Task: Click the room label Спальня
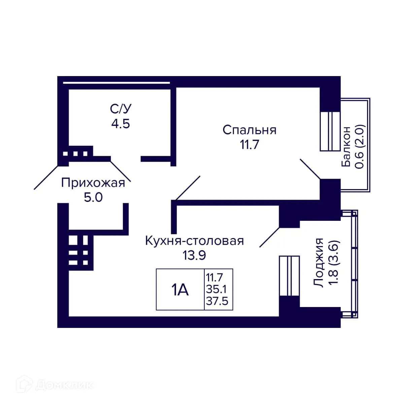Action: (249, 130)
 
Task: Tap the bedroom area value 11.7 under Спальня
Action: (249, 144)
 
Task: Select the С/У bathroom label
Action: (121, 109)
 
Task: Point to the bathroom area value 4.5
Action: (121, 124)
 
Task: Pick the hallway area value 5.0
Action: (93, 198)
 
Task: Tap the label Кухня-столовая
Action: (194, 241)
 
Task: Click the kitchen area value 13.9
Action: (194, 255)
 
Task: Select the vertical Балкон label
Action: (346, 146)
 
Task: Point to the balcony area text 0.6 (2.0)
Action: (360, 146)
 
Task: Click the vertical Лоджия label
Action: (319, 263)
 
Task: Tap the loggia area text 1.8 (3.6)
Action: (333, 263)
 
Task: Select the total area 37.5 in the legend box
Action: (217, 301)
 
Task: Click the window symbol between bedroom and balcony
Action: (330, 131)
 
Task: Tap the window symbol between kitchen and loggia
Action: (289, 276)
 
